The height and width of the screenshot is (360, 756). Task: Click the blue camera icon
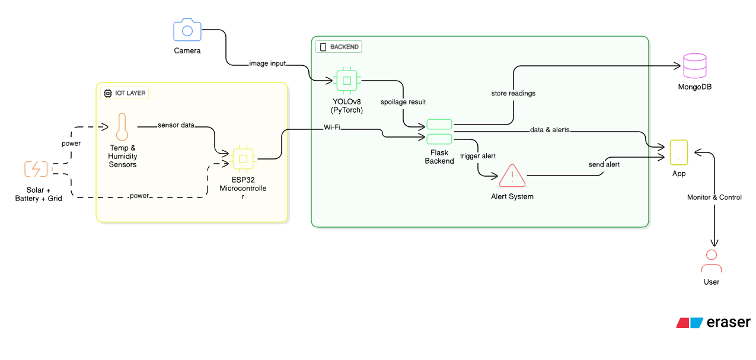187,30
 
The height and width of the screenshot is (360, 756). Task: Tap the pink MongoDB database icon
694,66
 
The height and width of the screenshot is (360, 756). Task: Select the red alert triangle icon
512,176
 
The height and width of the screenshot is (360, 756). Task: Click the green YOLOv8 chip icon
347,80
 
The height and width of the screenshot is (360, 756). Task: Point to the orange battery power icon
36,169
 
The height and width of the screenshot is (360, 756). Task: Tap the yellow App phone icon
679,152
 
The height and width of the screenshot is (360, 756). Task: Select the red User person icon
711,261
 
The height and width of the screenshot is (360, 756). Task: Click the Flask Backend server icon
439,132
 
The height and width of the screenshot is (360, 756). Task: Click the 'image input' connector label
267,63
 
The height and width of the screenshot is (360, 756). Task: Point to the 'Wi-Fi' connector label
332,127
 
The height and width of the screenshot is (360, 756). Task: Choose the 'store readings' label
513,93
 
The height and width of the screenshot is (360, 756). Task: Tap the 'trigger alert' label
478,156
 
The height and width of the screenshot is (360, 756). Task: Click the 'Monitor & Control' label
714,197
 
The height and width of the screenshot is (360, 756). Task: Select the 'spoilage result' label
403,102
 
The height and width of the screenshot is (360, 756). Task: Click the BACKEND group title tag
339,47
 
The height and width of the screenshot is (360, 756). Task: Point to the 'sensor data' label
176,125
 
